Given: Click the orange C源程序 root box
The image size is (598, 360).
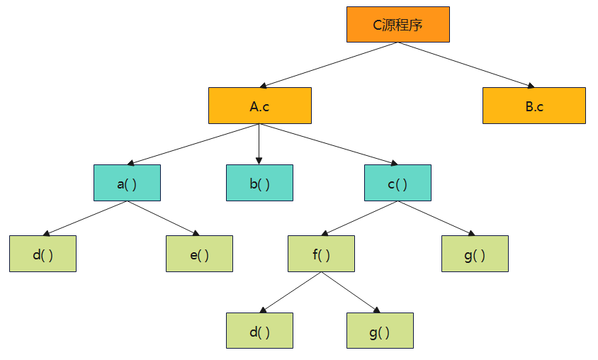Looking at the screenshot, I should [397, 25].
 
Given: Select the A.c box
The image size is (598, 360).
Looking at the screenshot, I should [259, 106].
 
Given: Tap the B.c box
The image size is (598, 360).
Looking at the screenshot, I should [534, 106].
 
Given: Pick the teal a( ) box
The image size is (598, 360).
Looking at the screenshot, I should [127, 183].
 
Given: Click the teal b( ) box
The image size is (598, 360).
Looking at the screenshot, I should [259, 183].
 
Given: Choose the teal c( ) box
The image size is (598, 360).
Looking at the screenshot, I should [397, 183].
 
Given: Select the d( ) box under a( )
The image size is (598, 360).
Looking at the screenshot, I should [43, 254].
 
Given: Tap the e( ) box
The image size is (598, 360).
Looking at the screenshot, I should [199, 254].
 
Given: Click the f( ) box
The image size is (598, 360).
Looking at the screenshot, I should [321, 254].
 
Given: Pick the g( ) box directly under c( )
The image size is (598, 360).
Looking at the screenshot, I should [474, 254].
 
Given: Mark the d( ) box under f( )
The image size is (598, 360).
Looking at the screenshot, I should [259, 330].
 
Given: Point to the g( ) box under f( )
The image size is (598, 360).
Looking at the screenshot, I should [380, 330].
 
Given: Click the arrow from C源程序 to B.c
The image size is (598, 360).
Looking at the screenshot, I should [466, 64].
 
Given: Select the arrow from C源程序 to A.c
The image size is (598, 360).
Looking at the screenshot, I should [329, 64].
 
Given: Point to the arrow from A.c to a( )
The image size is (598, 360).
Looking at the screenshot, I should [193, 144].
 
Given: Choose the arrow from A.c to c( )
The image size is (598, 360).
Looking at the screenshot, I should [329, 144].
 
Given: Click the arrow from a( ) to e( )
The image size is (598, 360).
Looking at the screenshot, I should [163, 218].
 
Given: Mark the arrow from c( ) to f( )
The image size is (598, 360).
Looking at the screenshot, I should [359, 218].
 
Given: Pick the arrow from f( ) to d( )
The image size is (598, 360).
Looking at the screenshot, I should [290, 293].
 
